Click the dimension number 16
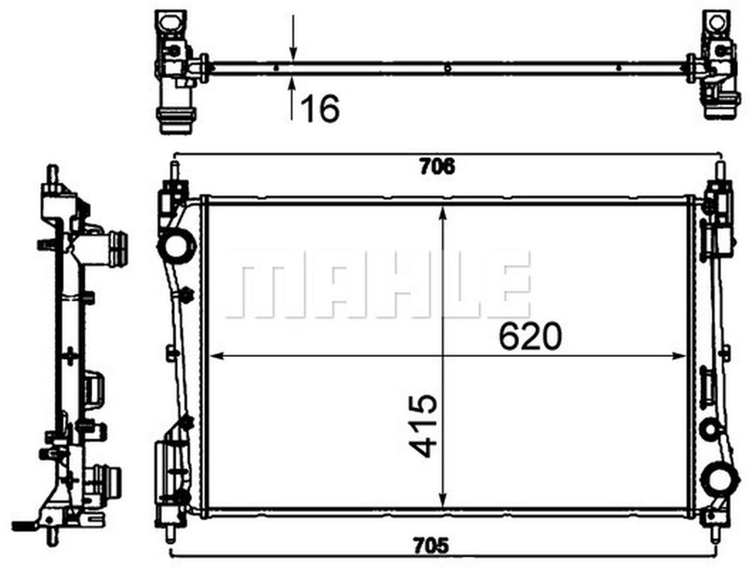click(x=320, y=110)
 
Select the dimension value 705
click(x=437, y=547)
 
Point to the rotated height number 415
click(x=423, y=425)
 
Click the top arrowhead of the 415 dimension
click(x=444, y=211)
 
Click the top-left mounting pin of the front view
click(x=174, y=172)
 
